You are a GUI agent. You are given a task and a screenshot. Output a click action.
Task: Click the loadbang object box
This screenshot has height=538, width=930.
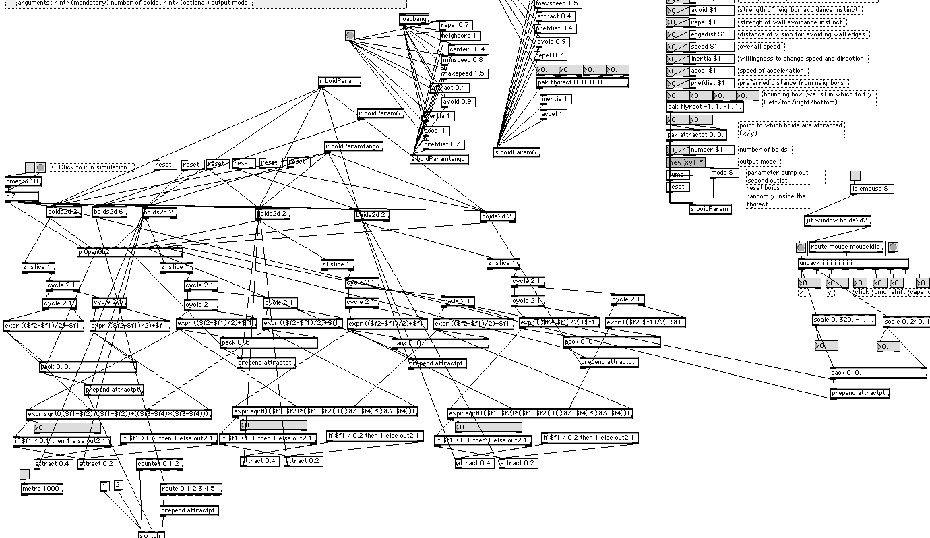[x=414, y=19]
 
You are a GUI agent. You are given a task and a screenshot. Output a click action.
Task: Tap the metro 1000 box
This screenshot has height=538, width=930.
[x=42, y=489]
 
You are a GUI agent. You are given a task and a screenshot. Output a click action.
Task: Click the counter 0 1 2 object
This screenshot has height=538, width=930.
[x=159, y=464]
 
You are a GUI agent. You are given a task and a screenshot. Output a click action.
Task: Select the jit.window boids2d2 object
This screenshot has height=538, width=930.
[x=838, y=220]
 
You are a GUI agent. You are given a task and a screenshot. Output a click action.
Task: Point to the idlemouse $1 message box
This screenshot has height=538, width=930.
[x=872, y=189]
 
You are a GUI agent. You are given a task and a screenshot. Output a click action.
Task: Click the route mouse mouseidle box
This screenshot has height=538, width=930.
[x=846, y=247]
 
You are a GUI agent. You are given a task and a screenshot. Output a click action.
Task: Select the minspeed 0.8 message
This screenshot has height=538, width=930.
[x=464, y=60]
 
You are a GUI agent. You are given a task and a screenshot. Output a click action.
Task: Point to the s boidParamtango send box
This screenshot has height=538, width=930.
[x=439, y=159]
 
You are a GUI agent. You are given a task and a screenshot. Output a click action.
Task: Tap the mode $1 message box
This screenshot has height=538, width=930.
[x=724, y=173]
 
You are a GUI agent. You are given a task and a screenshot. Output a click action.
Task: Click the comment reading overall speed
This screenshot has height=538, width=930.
[x=760, y=47]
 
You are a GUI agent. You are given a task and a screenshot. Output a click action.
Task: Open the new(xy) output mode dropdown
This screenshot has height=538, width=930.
[x=686, y=162]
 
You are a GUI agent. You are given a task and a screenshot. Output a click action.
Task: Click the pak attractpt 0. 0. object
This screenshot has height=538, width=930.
[x=696, y=135]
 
